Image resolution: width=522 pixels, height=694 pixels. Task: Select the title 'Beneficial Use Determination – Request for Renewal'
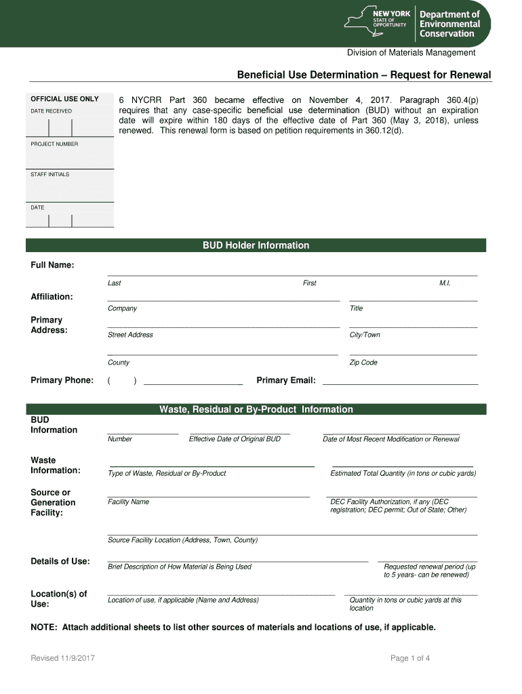[x=363, y=75]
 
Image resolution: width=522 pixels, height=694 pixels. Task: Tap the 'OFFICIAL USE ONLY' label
[x=64, y=99]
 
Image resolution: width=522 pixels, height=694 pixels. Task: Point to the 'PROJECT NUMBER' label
[x=54, y=144]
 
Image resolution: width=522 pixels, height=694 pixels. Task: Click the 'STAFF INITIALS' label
[x=49, y=175]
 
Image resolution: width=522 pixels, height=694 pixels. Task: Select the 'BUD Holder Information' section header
[x=256, y=245]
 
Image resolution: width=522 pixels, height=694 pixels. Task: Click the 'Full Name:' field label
[x=52, y=265]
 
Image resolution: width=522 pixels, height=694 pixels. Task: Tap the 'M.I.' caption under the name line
[x=445, y=283]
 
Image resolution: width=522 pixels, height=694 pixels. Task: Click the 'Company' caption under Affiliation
[x=122, y=308]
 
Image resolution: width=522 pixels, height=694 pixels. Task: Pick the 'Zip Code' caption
[x=363, y=363]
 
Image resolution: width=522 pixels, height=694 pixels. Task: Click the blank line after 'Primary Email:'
[x=400, y=383]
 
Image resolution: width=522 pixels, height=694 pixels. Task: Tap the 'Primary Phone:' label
[x=62, y=380]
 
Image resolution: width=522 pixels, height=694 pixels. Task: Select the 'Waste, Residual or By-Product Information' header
[x=256, y=409]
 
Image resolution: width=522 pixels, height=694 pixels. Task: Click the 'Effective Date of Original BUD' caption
[x=235, y=439]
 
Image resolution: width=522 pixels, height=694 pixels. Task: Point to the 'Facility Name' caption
[x=128, y=502]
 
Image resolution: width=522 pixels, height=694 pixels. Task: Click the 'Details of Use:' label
[x=60, y=561]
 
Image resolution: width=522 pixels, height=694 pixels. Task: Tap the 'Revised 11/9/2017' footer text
[x=62, y=658]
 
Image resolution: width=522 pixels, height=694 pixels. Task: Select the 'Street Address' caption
[x=130, y=335]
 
